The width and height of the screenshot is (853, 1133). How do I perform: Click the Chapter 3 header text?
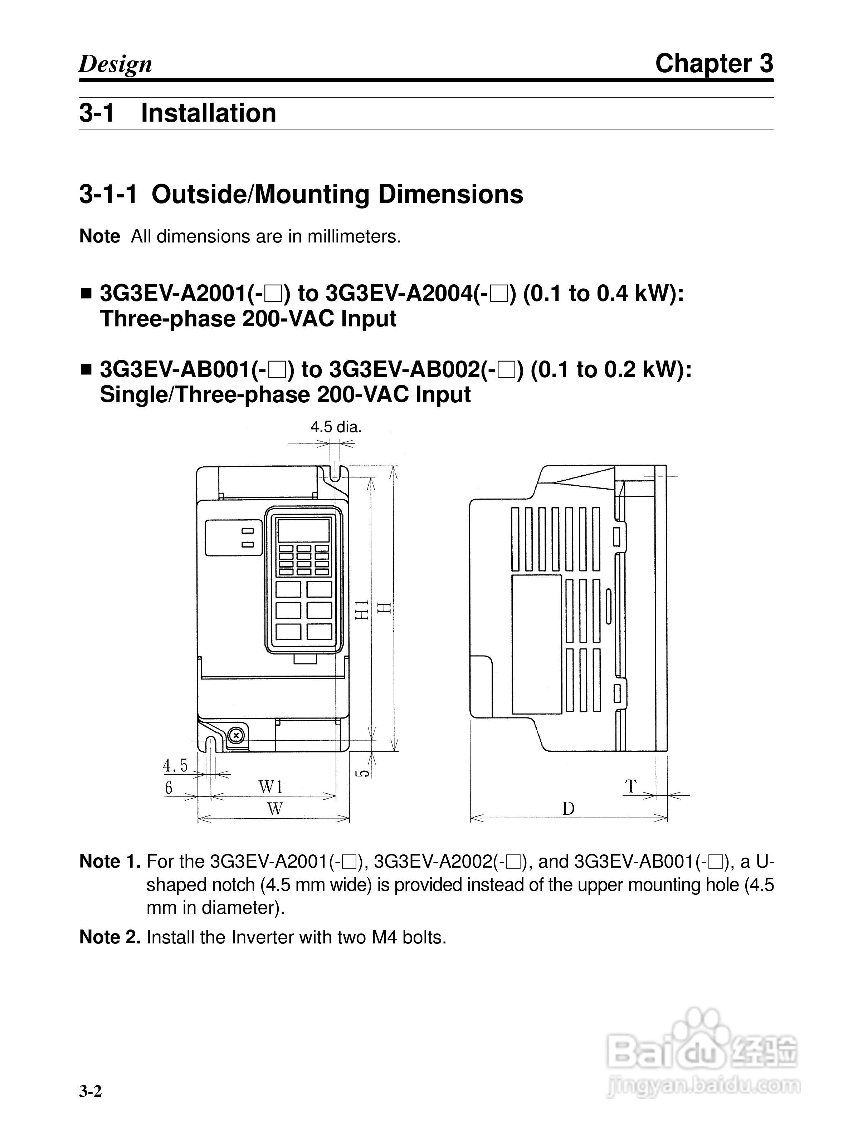714,64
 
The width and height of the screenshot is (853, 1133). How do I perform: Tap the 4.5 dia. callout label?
336,427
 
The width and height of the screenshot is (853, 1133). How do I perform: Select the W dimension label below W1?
275,809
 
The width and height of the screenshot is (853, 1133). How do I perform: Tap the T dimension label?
631,786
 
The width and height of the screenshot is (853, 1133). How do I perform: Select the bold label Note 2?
109,937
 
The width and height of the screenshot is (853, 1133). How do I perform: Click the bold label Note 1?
109,862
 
